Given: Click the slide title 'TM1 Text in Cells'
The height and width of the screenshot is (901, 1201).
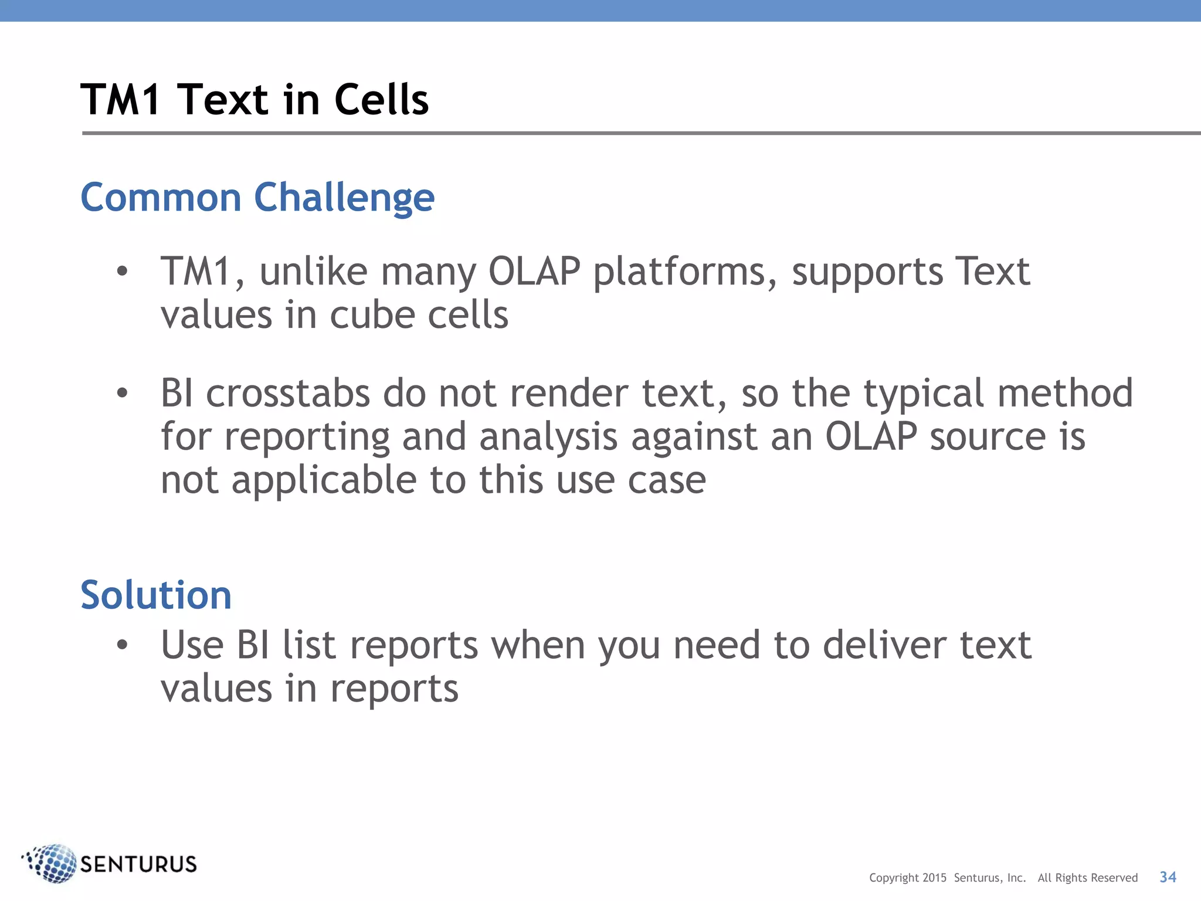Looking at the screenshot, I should click(255, 100).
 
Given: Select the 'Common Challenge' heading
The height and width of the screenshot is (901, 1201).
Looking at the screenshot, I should click(257, 198).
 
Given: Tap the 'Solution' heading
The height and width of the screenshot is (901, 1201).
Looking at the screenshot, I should click(156, 595).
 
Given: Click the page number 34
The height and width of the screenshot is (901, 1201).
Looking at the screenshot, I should click(1168, 877).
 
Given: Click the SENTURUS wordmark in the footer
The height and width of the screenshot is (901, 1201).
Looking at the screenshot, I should click(138, 865).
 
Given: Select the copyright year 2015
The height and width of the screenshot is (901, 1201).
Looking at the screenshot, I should click(934, 878).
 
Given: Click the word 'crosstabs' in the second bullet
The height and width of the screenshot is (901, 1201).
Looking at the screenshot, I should click(288, 393).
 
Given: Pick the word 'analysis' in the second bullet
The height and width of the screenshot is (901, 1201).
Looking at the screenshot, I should click(548, 437).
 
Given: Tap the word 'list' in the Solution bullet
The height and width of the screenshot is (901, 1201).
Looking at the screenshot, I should click(310, 645).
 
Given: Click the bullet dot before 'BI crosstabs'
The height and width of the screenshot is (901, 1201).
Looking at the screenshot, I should click(122, 393).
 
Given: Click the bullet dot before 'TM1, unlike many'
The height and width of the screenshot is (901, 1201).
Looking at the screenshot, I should click(122, 272).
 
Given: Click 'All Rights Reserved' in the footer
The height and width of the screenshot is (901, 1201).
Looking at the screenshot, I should click(1087, 878).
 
